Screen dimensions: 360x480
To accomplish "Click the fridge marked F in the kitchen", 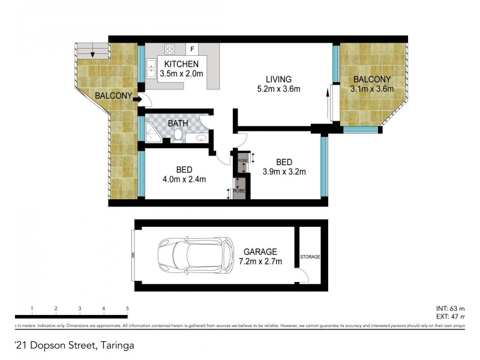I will tap(193, 49).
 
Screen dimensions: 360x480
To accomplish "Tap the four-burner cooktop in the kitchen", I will tap(170, 49).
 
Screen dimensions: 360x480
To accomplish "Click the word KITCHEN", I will tap(181, 65).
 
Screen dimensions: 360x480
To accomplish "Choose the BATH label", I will tap(178, 124).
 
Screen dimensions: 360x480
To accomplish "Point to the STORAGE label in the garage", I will tap(311, 257).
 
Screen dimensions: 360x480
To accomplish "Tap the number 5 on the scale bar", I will tap(127, 308).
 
